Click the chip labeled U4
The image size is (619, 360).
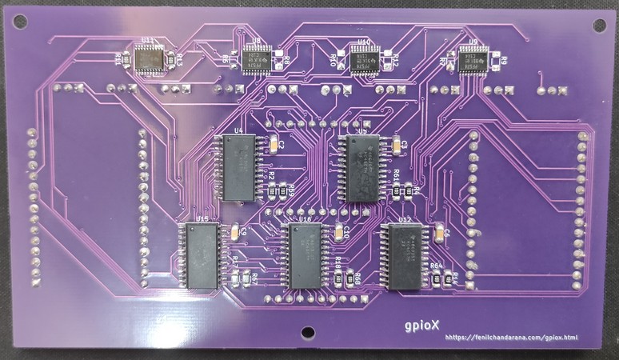tap(238, 167)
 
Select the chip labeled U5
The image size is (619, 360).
tap(363, 167)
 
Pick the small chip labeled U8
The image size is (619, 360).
tap(257, 58)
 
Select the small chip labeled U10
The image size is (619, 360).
tap(364, 58)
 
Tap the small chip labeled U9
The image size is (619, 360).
tap(473, 58)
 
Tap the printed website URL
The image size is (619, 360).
tap(510, 338)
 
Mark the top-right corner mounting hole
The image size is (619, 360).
tap(598, 24)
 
